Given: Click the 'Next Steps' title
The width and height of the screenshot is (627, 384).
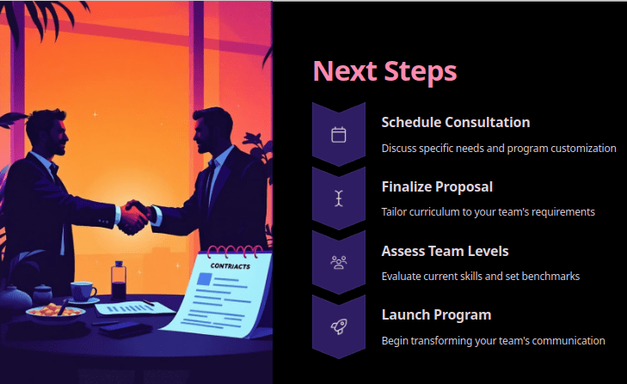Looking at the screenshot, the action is [384, 71].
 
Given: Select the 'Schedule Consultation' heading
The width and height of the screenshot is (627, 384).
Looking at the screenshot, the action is [456, 122].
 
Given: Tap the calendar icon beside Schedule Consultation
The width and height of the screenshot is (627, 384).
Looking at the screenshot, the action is [339, 135].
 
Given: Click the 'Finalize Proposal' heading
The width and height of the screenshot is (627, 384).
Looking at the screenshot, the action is [437, 186].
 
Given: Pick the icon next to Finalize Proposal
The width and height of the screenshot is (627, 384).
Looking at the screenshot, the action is [339, 198].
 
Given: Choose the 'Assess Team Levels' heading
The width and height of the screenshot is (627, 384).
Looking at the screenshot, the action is [445, 251].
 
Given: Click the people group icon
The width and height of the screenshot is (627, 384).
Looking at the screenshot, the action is [339, 263].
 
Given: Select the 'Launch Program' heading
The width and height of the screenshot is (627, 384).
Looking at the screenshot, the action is [436, 315].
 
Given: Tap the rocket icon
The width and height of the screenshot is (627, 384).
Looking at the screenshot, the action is [339, 326].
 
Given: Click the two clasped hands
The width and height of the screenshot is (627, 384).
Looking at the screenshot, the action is [134, 218].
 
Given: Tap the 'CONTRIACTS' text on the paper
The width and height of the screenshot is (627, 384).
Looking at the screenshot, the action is [231, 265].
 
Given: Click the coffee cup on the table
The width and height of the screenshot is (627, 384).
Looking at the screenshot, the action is [83, 291].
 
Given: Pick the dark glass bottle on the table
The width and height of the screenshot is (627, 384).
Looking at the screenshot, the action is [119, 281].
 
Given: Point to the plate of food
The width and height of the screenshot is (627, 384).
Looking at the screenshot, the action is [55, 312].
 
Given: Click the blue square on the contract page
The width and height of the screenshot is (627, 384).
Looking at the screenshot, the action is [204, 278].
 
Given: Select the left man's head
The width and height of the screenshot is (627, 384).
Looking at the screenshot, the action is [46, 131].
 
